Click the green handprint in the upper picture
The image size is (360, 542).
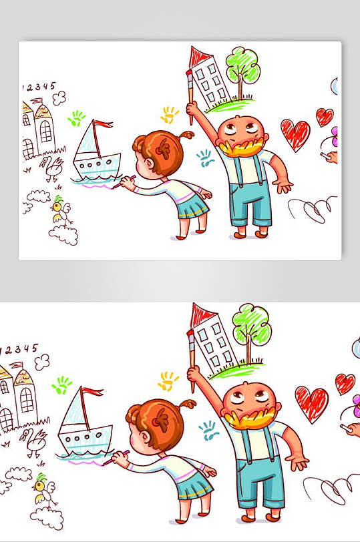coord(77,118)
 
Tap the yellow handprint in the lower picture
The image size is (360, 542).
coord(168,381)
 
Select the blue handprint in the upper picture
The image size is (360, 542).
coord(204,158)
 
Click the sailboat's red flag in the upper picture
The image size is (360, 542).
coord(103,124)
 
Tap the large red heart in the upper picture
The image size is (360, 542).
coord(295,134)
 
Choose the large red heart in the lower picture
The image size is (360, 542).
coord(312,404)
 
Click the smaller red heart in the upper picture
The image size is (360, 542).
coord(325,117)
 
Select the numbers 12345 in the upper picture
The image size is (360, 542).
coord(40,87)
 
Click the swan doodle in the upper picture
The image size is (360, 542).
coord(51,168)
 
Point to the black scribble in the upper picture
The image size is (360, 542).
coord(312,210)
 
